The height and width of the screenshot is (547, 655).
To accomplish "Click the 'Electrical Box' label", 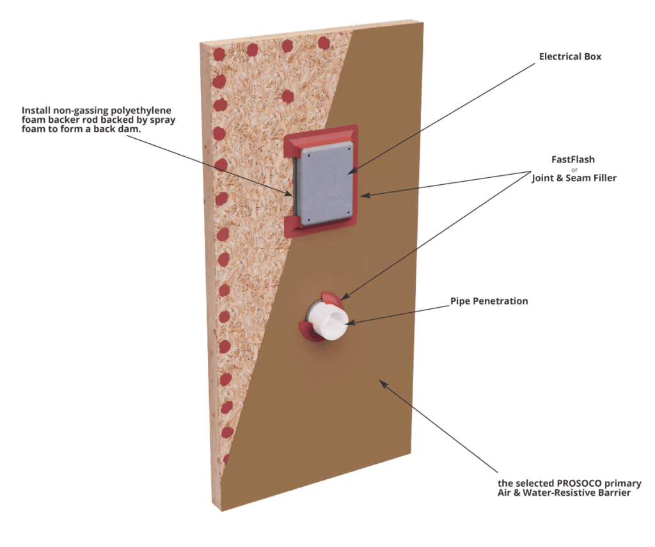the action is (x=570, y=56).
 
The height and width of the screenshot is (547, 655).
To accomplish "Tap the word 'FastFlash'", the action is (x=572, y=159).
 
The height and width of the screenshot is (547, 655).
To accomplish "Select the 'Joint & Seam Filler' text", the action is (x=574, y=178).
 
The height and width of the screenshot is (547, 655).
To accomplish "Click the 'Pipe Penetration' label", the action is (x=489, y=301).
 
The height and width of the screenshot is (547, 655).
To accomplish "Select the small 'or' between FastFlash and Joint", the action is (x=574, y=170).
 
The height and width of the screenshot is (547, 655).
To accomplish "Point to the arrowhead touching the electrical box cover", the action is (x=352, y=171).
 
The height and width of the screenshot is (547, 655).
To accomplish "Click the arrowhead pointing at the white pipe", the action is (x=349, y=322).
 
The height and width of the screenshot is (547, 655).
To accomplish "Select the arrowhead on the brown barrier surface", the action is (x=383, y=383).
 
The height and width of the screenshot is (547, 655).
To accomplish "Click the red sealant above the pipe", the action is (x=333, y=299).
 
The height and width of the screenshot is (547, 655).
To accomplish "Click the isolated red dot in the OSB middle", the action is (x=288, y=97).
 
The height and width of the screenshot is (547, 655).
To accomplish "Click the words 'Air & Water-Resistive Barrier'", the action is (x=564, y=493).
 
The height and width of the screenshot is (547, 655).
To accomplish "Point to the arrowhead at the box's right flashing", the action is (x=364, y=195).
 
